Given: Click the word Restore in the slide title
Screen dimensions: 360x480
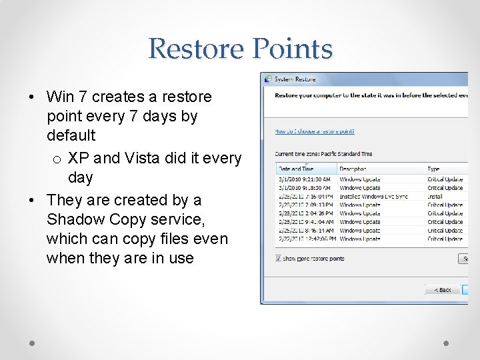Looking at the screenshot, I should [195, 49].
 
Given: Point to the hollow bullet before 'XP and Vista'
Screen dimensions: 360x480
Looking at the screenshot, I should [57, 159].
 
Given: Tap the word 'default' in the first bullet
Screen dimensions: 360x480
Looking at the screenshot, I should [71, 135].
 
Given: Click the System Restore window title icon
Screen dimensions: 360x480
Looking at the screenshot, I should [268, 79].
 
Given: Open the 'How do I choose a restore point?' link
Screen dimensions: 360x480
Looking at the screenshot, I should [315, 131].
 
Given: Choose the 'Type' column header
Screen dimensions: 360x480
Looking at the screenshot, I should [433, 169].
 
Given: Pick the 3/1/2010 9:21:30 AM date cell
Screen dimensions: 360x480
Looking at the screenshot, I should [304, 179].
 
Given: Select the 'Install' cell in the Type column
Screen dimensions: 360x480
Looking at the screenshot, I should [435, 197].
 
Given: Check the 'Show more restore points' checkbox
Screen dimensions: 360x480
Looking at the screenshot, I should [279, 258].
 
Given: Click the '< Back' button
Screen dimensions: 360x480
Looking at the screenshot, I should [443, 290].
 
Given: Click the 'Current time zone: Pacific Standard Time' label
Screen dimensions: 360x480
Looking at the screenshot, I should [323, 154].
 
